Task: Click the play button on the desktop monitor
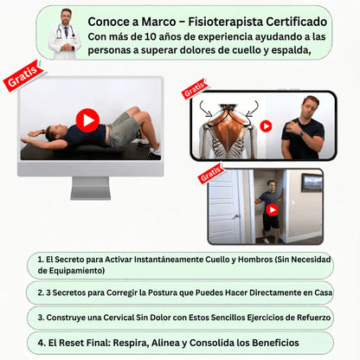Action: click(87, 120)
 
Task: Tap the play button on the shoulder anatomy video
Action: click(266, 126)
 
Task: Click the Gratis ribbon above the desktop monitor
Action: click(23, 75)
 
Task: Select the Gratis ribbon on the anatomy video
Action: click(195, 89)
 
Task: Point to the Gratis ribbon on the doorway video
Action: click(211, 173)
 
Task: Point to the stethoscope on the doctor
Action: click(65, 31)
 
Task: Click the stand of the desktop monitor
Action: click(91, 188)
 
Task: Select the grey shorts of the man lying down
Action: click(123, 129)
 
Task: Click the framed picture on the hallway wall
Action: click(312, 183)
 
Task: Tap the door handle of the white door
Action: click(237, 216)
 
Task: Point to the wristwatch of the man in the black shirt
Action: click(302, 133)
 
